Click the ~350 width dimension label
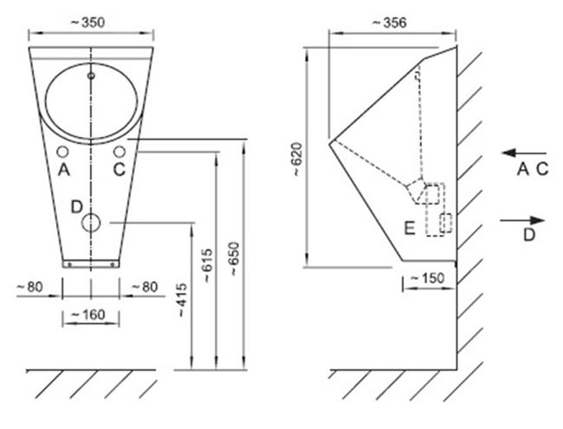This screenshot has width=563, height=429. tap(88, 23)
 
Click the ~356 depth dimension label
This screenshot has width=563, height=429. tap(390, 23)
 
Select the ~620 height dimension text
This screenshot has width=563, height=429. tap(298, 159)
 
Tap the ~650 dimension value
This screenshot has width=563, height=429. tap(234, 259)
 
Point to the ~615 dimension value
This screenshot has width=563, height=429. tap(207, 265)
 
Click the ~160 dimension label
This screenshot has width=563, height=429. tap(88, 315)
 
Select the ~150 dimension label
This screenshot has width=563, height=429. tap(427, 278)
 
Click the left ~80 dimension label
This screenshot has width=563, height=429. tap(30, 287)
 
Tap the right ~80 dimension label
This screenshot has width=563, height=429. tap(145, 287)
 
